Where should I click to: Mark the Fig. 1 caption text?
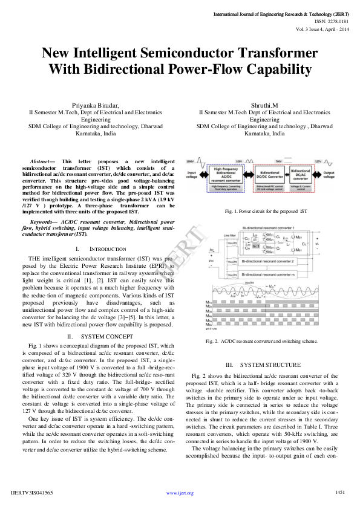point(266,212)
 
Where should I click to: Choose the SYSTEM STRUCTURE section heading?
point(262,365)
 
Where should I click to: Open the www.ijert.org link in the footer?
point(180,493)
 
